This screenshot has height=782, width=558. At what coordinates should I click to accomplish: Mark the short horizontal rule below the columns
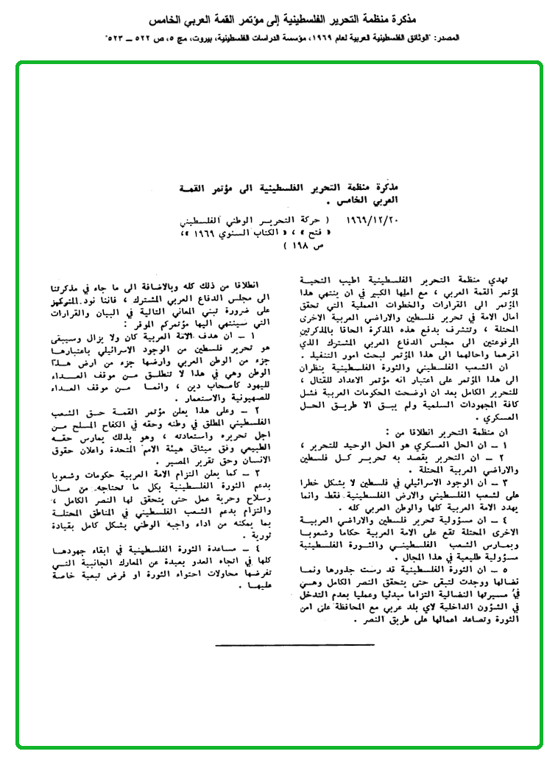275,646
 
